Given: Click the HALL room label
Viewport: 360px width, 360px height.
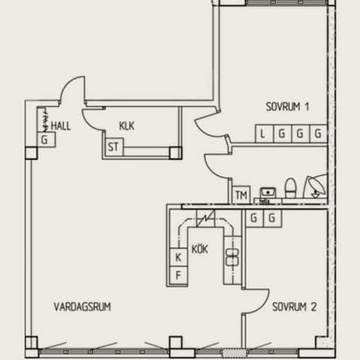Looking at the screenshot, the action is pyautogui.click(x=61, y=126).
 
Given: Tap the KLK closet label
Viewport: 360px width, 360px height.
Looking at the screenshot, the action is pyautogui.click(x=127, y=126).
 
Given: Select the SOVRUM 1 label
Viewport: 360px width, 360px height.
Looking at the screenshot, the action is pyautogui.click(x=287, y=107).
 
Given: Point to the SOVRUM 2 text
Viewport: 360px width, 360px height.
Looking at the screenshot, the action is pyautogui.click(x=295, y=307).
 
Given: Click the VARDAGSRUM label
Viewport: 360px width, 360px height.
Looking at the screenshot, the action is pyautogui.click(x=82, y=307).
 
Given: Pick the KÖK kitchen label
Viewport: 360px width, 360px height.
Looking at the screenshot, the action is pyautogui.click(x=200, y=249).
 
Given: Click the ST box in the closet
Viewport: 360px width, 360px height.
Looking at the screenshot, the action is pyautogui.click(x=114, y=147).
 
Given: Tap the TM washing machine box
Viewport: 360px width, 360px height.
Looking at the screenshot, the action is pyautogui.click(x=241, y=194).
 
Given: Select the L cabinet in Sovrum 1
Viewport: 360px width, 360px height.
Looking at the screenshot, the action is pyautogui.click(x=264, y=134).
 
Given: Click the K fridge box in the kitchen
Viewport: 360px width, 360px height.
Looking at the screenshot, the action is pyautogui.click(x=179, y=257).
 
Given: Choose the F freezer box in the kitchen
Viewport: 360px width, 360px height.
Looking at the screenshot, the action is pyautogui.click(x=179, y=276).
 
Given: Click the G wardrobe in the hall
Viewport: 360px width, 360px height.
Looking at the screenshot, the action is pyautogui.click(x=46, y=139).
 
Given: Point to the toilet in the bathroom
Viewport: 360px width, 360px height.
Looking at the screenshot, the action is pyautogui.click(x=291, y=188).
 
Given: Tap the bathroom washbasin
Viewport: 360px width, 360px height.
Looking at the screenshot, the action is pyautogui.click(x=268, y=192).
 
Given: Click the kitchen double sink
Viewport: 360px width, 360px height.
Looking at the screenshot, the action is pyautogui.click(x=232, y=257).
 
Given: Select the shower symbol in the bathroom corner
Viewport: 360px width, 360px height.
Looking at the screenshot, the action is pyautogui.click(x=315, y=187).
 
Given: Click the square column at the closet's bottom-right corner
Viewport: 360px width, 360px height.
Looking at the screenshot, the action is pyautogui.click(x=175, y=153).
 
